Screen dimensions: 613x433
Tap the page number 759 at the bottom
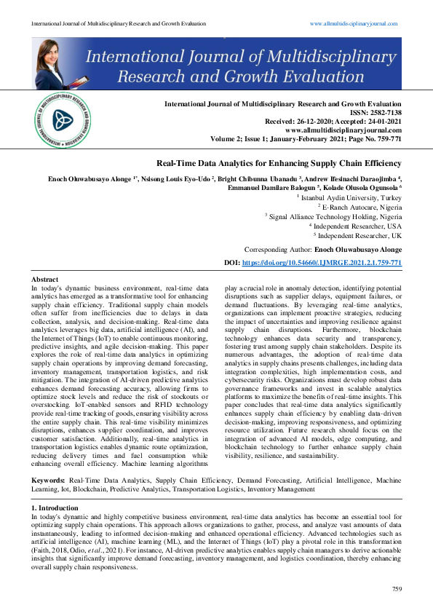[x=397, y=588]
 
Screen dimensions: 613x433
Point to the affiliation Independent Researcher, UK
[x=359, y=234]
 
